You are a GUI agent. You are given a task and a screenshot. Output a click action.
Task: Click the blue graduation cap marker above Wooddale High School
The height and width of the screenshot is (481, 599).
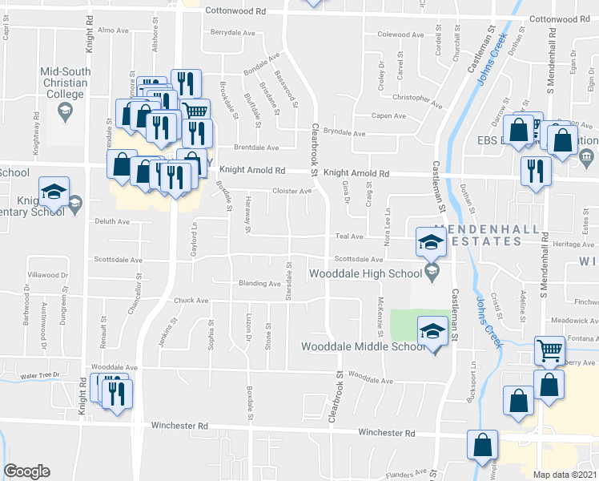pos(430,242)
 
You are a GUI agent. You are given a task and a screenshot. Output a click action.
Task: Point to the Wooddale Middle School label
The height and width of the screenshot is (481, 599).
pos(363,347)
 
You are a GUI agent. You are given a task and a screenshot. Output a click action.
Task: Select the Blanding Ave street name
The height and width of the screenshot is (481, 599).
pos(259,284)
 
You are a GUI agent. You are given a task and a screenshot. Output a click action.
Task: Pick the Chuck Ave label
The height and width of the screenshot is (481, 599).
pos(191,301)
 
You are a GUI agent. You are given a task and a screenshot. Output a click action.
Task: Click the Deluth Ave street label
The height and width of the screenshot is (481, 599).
pos(111,221)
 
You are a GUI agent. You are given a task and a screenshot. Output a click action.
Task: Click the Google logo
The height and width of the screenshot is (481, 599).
pos(26,471)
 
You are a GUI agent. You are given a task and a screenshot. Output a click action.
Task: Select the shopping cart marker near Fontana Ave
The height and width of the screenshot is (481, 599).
pos(549,350)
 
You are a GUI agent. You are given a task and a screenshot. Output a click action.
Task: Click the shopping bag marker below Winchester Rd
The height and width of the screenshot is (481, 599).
pos(483,446)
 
